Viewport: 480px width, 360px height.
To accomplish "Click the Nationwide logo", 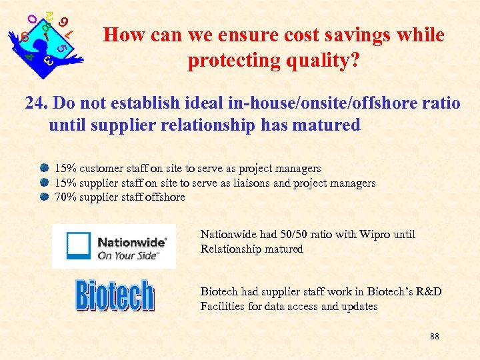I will coord(114,246).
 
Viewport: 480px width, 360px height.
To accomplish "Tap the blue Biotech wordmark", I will coord(115,295).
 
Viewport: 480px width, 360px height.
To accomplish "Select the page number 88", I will coord(434,337).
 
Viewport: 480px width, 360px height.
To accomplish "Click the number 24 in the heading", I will coord(35,104).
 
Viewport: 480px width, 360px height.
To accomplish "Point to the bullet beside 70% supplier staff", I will coord(44,197).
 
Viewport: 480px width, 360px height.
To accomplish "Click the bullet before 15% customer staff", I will coord(44,168).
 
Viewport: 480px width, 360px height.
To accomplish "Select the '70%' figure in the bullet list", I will coord(65,197).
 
